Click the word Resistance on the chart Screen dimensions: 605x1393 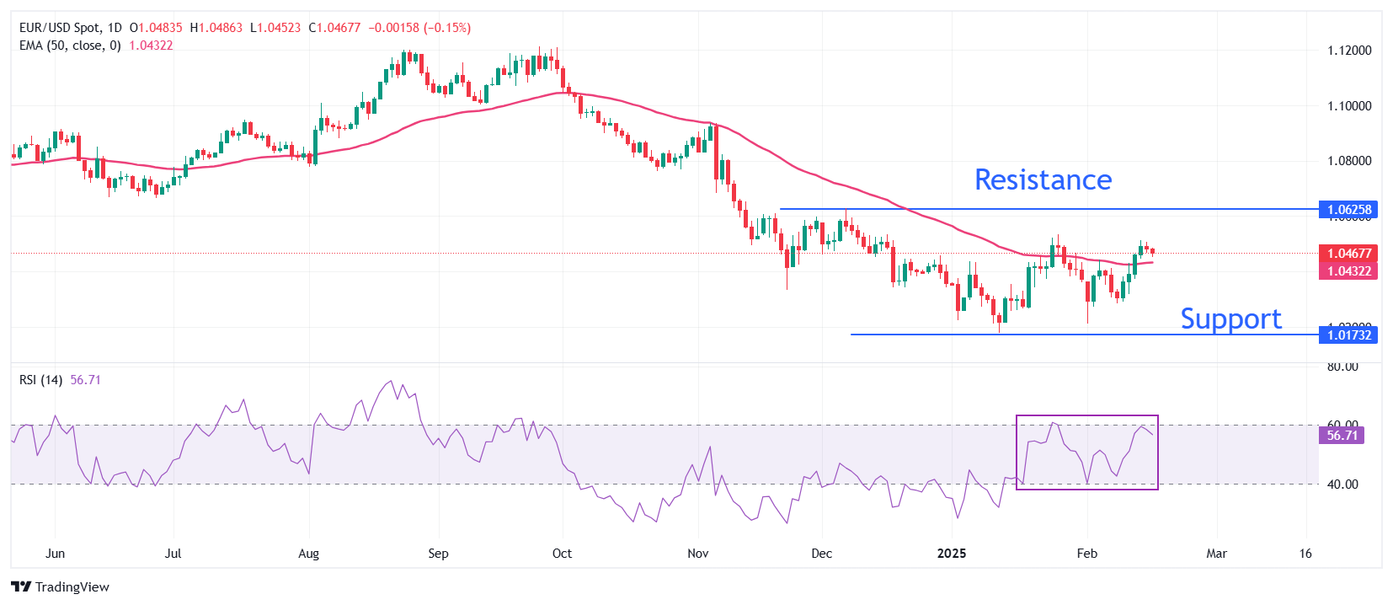(1043, 179)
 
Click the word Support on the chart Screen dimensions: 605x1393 (1230, 319)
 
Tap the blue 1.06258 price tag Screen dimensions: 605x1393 (1348, 210)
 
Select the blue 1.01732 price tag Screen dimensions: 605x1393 (1348, 335)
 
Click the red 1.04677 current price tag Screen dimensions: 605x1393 (1348, 254)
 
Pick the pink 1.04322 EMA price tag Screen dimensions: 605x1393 (1348, 271)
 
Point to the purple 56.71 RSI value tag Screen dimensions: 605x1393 (1342, 436)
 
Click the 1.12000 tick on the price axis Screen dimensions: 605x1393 (1349, 51)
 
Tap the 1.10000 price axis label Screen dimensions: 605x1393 (1349, 106)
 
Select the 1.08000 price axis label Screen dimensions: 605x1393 (1349, 161)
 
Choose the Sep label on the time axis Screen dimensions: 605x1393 (438, 554)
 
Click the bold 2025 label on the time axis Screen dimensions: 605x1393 (952, 554)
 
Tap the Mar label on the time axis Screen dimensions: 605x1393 (1216, 554)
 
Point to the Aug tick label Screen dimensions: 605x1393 (309, 554)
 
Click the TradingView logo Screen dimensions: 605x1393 (61, 587)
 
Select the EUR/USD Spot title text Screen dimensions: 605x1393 (59, 28)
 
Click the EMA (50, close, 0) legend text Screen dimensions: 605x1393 (70, 46)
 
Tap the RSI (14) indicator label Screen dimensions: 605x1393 (40, 380)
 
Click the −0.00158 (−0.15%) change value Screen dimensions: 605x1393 (419, 28)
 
